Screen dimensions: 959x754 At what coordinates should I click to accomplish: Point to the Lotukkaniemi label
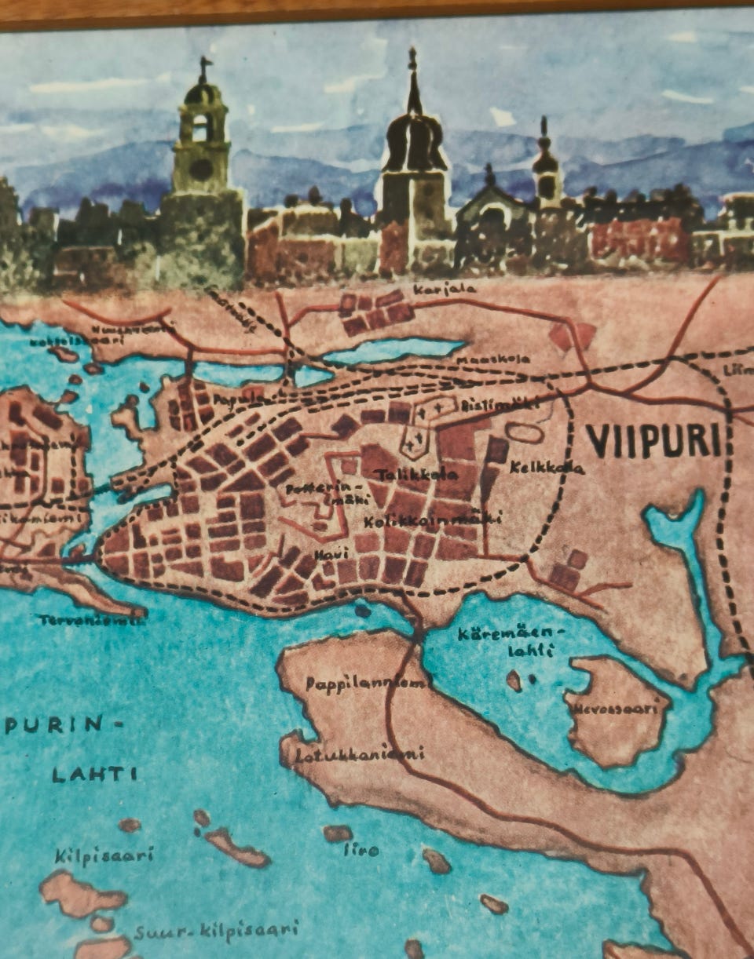361,754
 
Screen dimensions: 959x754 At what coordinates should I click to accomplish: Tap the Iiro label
362,850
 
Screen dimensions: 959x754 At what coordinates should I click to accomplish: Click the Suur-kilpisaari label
216,932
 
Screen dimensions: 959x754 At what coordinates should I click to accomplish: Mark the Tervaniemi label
92,620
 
